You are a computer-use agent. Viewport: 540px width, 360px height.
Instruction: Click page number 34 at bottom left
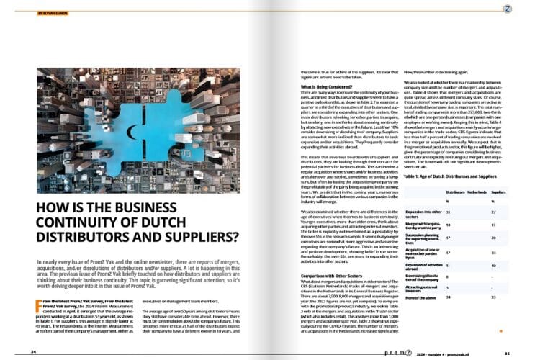[x=34, y=351]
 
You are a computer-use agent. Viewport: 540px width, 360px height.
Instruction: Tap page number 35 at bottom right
[x=507, y=351]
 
